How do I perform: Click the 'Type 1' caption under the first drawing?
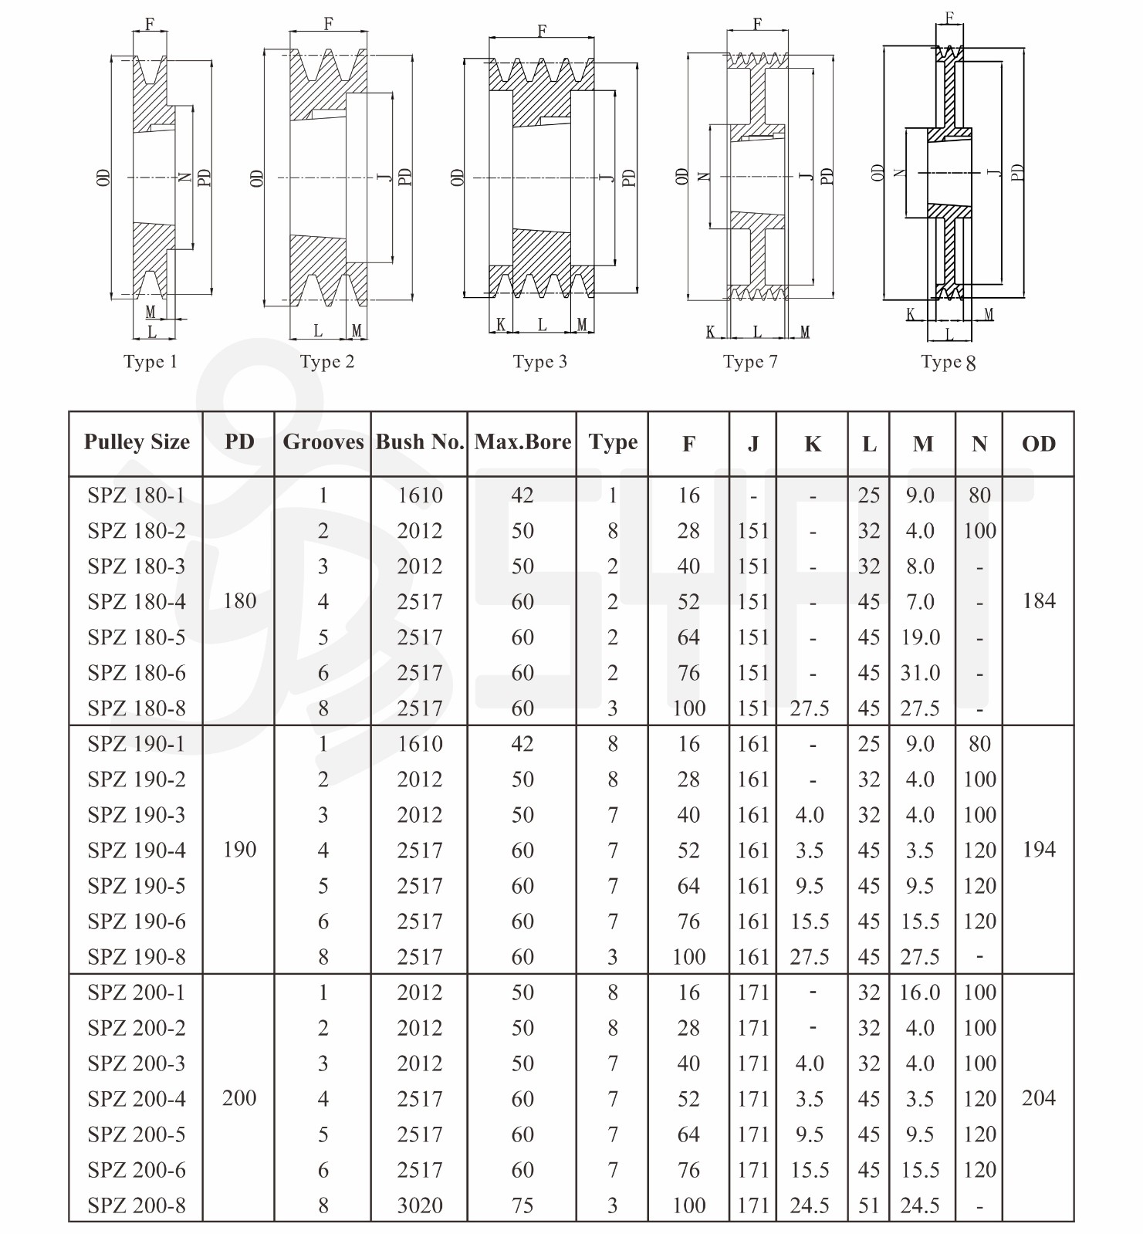coord(150,362)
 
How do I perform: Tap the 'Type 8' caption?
coord(949,362)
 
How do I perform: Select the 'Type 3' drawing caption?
coord(540,362)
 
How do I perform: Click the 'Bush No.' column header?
coord(420,442)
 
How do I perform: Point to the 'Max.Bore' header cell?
coord(522,442)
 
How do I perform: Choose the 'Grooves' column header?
coord(323,442)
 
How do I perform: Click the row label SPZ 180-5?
coord(137,637)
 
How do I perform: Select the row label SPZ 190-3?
coord(137,815)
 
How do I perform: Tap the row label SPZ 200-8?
coord(137,1205)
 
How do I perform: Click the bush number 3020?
coord(420,1205)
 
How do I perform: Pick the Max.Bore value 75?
coord(522,1205)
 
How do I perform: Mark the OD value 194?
coord(1039,850)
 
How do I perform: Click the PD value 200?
coord(239,1098)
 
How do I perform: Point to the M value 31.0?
coord(920,673)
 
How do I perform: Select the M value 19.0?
coord(920,637)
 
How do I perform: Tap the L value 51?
coord(869,1205)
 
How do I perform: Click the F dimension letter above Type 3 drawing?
coord(542,31)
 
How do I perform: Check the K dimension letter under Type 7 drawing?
coord(710,333)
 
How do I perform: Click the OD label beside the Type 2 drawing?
coord(258,178)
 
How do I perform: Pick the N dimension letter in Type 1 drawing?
coord(184,177)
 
